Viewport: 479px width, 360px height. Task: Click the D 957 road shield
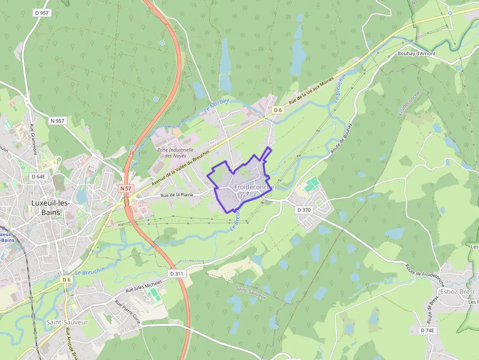pyautogui.click(x=42, y=13)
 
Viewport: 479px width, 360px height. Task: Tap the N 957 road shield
pyautogui.click(x=57, y=120)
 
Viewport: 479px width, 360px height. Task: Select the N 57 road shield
pyautogui.click(x=126, y=188)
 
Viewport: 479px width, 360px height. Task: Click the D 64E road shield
pyautogui.click(x=38, y=176)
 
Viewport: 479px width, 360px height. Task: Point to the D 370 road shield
pyautogui.click(x=304, y=210)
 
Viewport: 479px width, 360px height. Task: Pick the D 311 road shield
pyautogui.click(x=177, y=274)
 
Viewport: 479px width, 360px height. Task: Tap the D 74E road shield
pyautogui.click(x=427, y=330)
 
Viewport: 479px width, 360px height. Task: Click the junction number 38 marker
pyautogui.click(x=132, y=147)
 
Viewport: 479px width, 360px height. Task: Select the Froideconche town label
pyautogui.click(x=254, y=187)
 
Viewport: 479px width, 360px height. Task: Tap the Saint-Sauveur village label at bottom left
pyautogui.click(x=67, y=322)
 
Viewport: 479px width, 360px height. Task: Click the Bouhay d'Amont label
pyautogui.click(x=416, y=54)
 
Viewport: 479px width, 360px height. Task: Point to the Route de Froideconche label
pyautogui.click(x=424, y=276)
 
